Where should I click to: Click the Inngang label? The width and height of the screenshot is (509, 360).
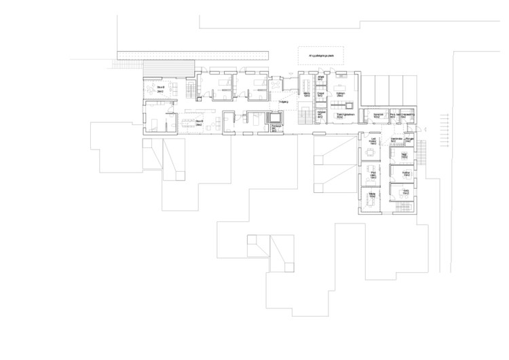coord(283,102)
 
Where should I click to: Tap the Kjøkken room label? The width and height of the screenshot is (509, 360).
coord(341,94)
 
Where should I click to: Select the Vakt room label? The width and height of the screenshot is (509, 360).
coord(403,156)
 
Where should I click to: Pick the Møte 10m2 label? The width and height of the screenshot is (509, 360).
coord(371,195)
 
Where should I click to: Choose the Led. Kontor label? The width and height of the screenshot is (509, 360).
coord(373,141)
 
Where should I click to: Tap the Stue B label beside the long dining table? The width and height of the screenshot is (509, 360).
coord(200,123)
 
